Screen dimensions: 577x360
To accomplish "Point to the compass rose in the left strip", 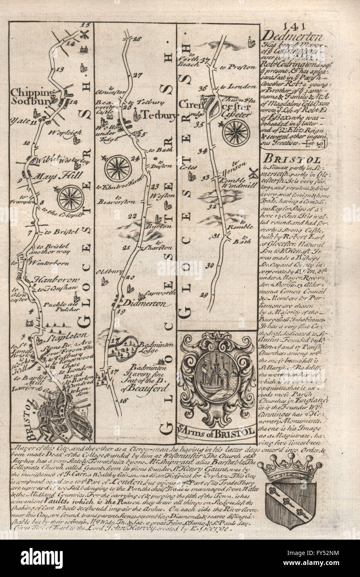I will [x=71, y=198].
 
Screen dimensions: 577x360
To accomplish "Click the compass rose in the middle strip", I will [x=118, y=168].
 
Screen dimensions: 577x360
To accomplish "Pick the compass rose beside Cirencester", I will [x=235, y=133].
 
